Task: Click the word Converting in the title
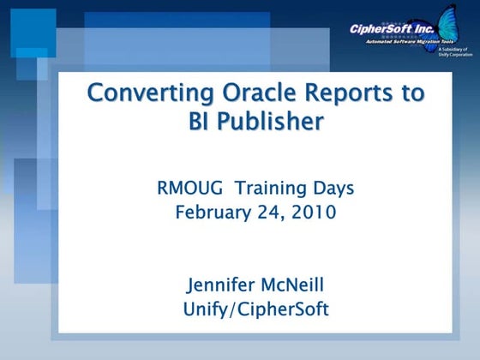(x=141, y=93)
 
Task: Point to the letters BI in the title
(x=200, y=122)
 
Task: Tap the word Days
(x=334, y=188)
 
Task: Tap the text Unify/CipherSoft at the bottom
(x=255, y=309)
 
